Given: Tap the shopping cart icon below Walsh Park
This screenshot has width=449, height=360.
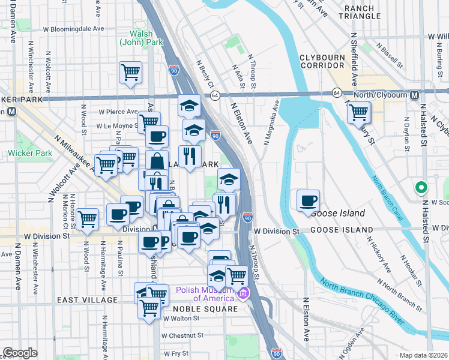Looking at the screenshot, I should point(130,73).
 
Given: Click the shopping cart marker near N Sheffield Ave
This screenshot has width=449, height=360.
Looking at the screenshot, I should point(358,112).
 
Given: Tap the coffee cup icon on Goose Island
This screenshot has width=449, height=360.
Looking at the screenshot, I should point(308,200).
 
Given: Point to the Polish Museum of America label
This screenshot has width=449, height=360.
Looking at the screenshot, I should point(205,294).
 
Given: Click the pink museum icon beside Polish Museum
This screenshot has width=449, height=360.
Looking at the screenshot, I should point(243,294).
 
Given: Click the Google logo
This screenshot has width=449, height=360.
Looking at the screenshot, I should point(20,353).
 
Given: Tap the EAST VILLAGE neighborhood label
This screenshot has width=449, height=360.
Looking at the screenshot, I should point(87,299).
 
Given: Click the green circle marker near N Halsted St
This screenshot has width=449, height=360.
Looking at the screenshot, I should point(421,188).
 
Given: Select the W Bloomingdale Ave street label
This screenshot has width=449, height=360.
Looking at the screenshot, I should point(76,28).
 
